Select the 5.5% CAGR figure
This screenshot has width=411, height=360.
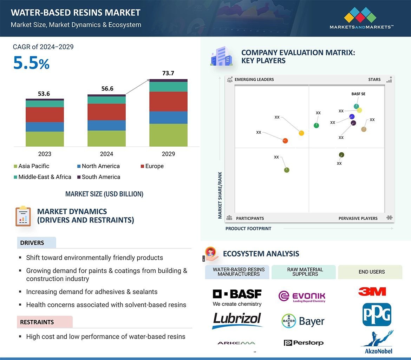[31, 63]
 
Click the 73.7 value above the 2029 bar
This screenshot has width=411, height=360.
[168, 73]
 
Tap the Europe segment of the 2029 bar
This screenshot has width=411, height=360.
[168, 102]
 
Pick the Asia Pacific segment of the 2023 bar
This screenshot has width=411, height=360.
[45, 139]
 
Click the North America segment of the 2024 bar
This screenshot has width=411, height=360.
[106, 125]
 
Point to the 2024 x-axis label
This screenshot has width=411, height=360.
[106, 154]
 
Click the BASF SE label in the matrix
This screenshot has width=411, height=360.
[358, 94]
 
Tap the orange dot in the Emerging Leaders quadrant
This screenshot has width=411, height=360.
[285, 141]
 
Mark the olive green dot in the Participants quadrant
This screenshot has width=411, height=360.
[287, 170]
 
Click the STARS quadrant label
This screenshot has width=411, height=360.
[374, 80]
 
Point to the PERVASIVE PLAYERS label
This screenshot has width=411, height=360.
[358, 218]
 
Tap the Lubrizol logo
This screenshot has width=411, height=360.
[237, 320]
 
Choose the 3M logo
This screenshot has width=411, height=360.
[372, 292]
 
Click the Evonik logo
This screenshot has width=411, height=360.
[302, 296]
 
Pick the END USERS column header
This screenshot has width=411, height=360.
[372, 272]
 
